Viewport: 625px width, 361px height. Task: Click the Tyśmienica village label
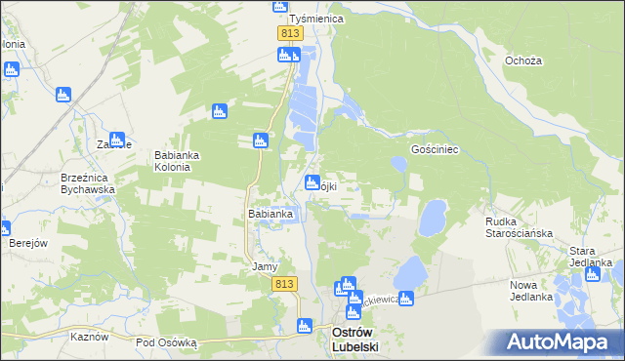coord(312,20)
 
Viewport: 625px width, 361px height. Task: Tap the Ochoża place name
coord(523,60)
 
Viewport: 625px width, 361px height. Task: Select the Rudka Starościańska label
coord(520,227)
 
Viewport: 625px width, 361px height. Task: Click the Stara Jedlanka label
coord(591,256)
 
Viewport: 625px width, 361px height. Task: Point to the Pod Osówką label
coord(166,342)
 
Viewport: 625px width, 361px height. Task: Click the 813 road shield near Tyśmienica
coord(288,33)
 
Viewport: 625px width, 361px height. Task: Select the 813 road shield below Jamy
coord(284,283)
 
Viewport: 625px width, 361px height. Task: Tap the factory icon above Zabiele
coord(116,140)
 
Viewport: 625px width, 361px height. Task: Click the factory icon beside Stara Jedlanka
coord(592,274)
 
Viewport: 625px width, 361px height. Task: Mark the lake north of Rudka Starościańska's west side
coord(432,218)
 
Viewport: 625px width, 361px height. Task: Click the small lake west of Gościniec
coord(398,164)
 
